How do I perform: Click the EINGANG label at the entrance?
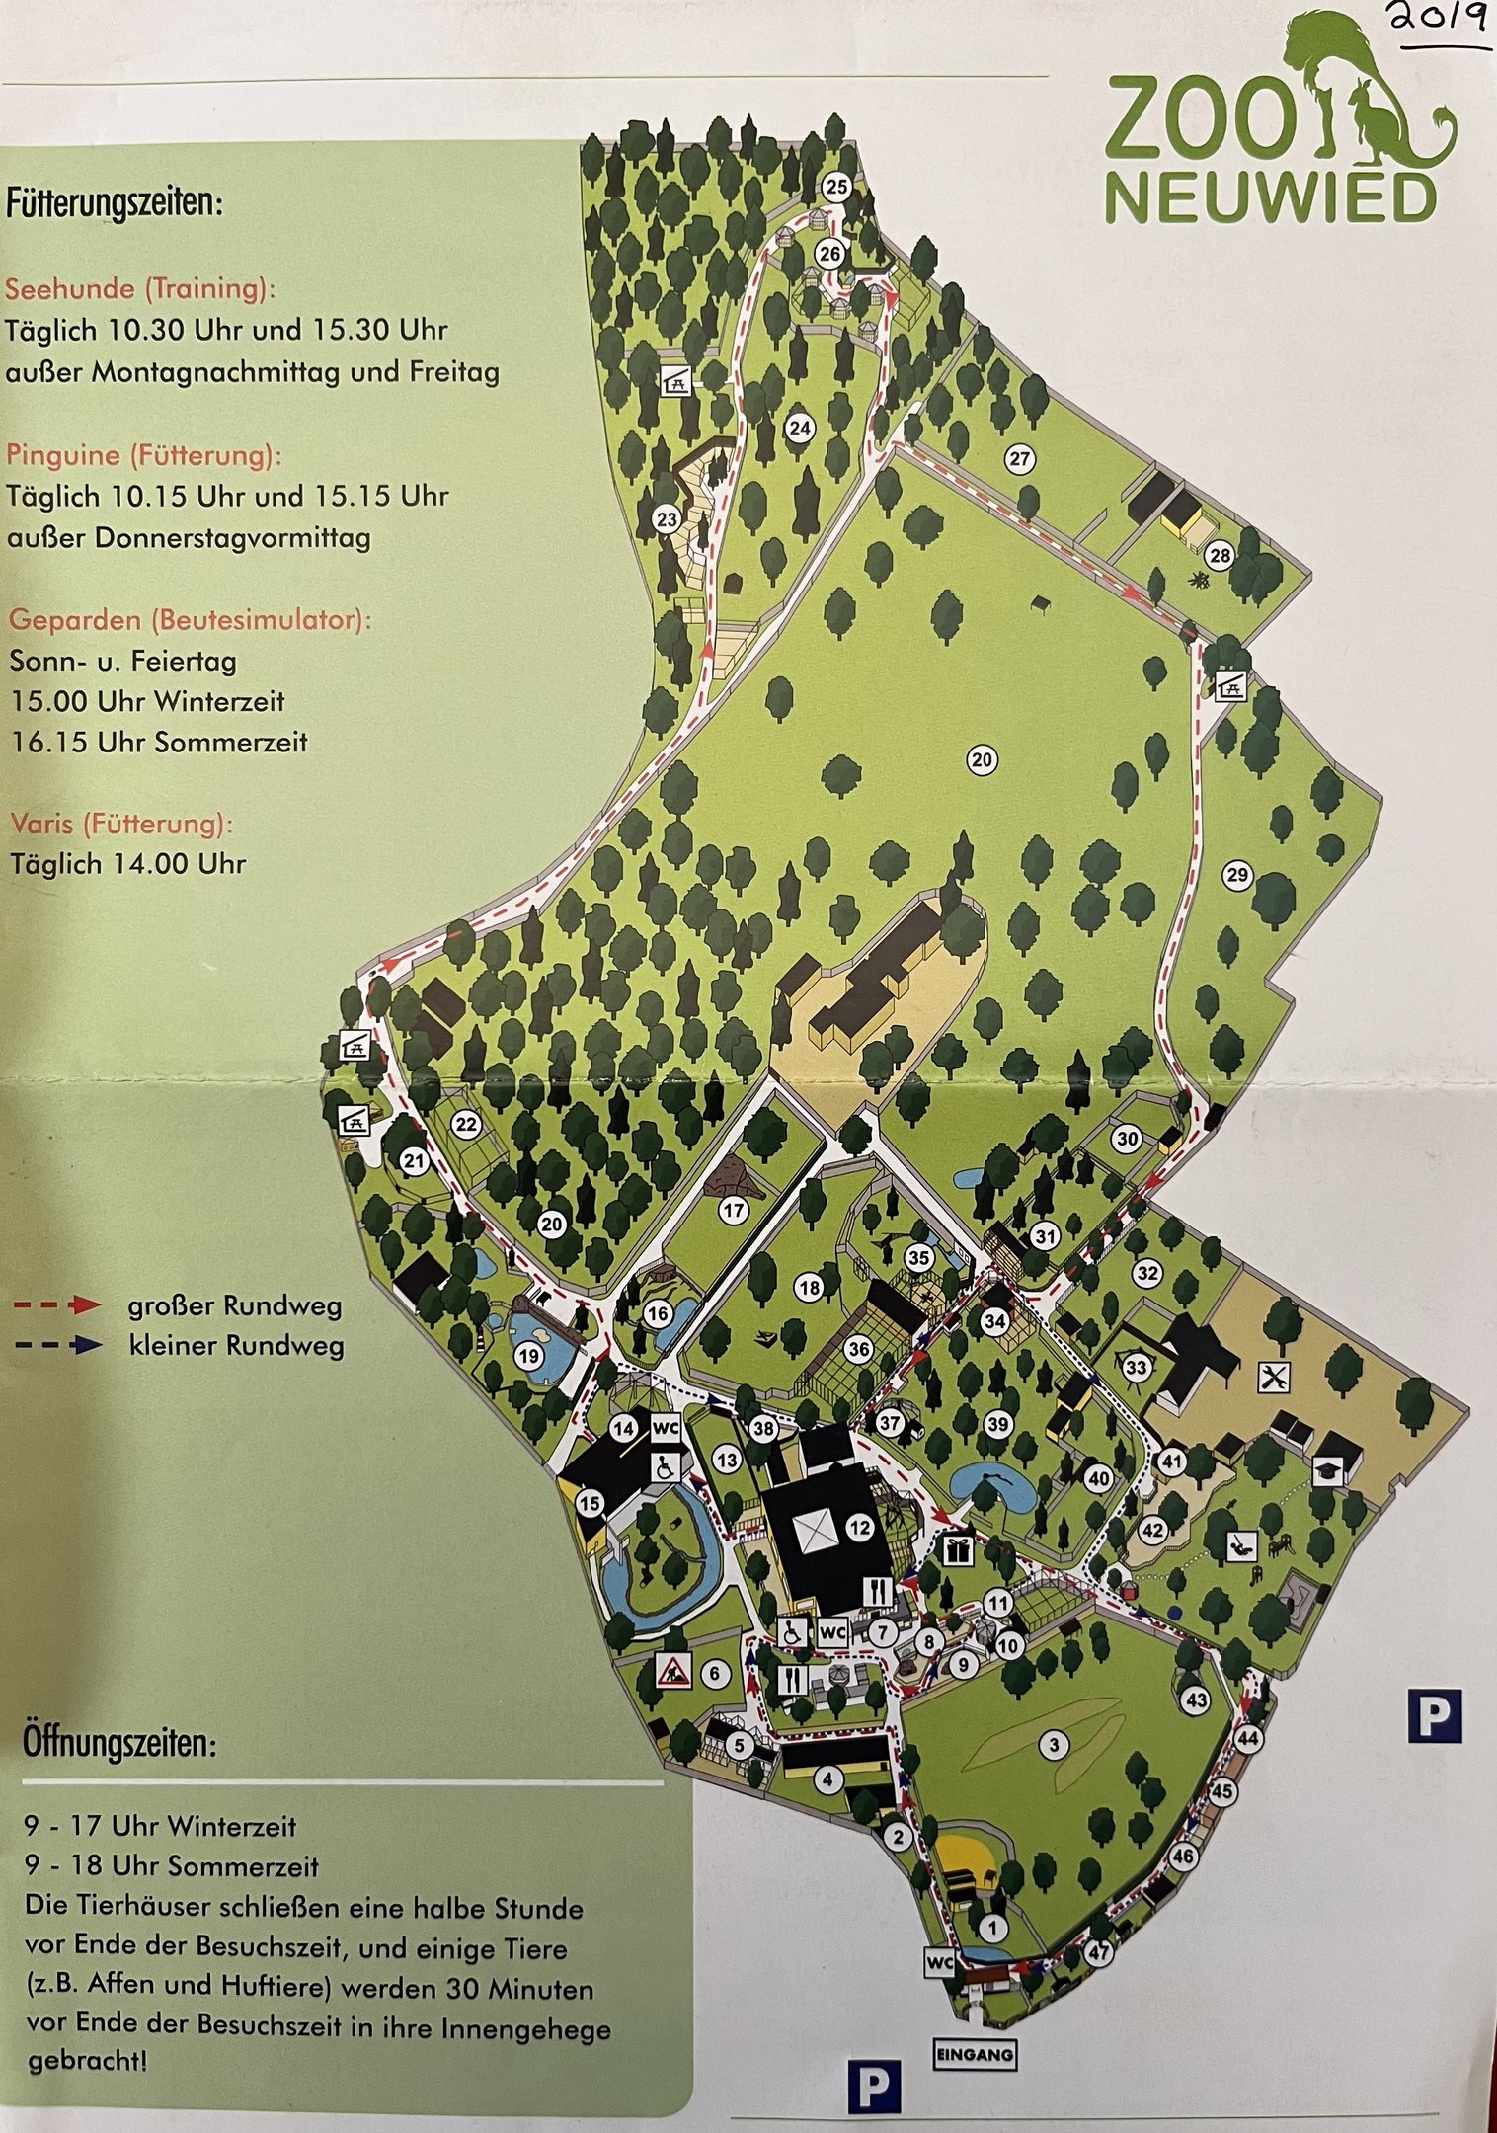pyautogui.click(x=974, y=2054)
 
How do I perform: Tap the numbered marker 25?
pyautogui.click(x=836, y=187)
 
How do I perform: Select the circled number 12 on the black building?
pyautogui.click(x=860, y=1528)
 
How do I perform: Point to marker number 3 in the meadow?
pyautogui.click(x=1054, y=1745)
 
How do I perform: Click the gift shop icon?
pyautogui.click(x=957, y=1549)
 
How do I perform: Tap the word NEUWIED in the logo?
pyautogui.click(x=1270, y=198)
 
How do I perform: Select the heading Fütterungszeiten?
pyautogui.click(x=114, y=204)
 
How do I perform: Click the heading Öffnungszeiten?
pyautogui.click(x=118, y=1743)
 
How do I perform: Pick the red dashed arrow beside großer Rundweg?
pyautogui.click(x=59, y=1305)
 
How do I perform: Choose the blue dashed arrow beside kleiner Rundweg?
pyautogui.click(x=59, y=1345)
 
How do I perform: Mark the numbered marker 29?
pyautogui.click(x=1236, y=874)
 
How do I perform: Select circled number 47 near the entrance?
pyautogui.click(x=1098, y=1952)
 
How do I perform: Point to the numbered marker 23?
pyautogui.click(x=668, y=519)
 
